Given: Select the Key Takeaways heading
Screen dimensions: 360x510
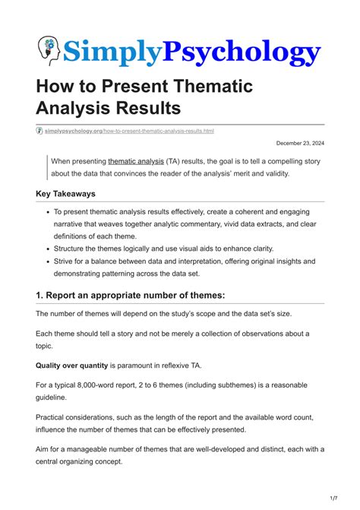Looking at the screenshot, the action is [71, 194].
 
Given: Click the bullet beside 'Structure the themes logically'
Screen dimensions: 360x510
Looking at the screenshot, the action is [48, 249].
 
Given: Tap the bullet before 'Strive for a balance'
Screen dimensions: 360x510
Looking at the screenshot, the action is [48, 261].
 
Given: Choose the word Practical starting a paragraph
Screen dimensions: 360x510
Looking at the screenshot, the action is [55, 417].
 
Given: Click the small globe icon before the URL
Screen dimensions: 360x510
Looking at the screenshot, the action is [39, 131].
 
